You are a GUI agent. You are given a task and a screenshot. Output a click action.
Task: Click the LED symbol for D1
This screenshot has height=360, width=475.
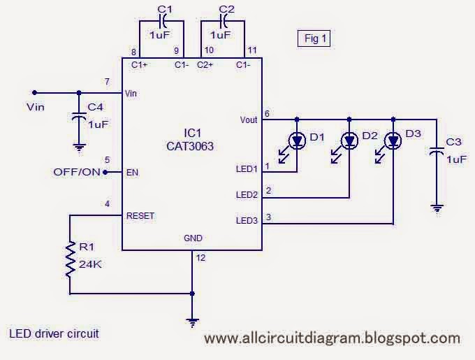pos(298,141)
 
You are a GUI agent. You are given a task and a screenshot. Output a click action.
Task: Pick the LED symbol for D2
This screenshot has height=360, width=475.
pos(349,141)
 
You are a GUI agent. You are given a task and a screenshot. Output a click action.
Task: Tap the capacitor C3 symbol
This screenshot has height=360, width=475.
pos(437,151)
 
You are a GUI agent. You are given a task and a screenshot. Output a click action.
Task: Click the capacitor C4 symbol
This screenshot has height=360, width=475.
pos(78,118)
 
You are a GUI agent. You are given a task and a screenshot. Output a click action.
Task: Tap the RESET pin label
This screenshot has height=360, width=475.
pos(140,216)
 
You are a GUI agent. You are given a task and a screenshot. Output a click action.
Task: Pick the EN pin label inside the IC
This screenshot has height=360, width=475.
pos(131,172)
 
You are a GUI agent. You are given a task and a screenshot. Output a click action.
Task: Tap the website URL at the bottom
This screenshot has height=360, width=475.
pos(332,338)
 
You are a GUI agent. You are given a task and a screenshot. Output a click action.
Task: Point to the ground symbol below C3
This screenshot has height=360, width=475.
pos(437,208)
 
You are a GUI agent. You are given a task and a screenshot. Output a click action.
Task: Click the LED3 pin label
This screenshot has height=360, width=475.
pos(247,221)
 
